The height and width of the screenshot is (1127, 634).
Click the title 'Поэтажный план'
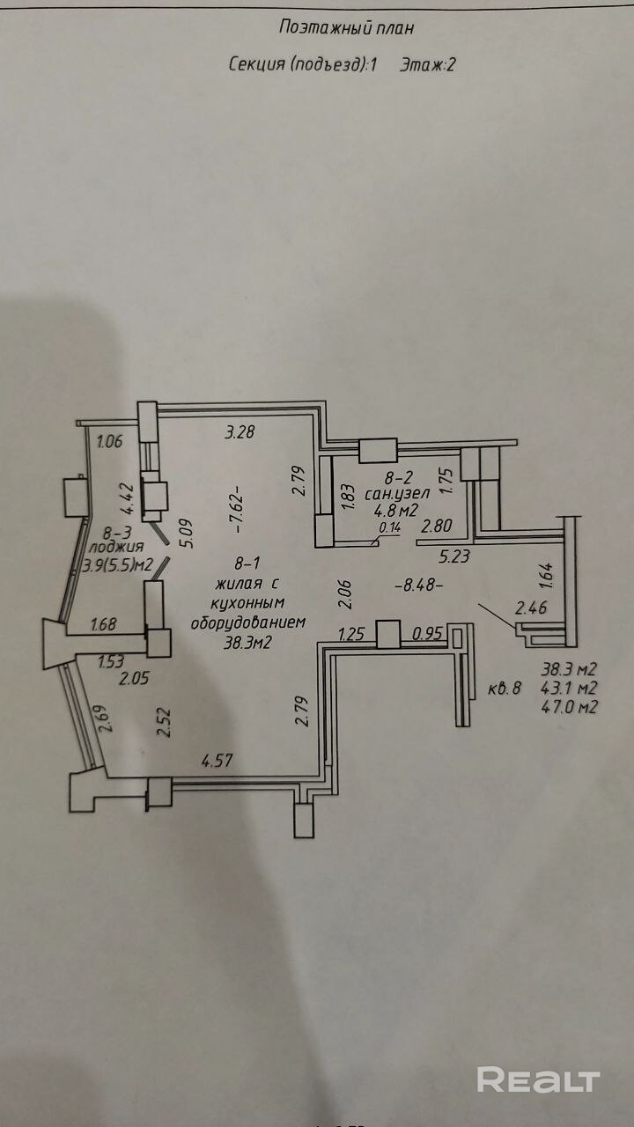(x=346, y=27)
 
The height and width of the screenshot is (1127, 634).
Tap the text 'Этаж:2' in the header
(x=427, y=63)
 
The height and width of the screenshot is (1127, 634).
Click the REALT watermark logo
(x=538, y=1079)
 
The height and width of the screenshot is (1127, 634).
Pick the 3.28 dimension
(x=240, y=431)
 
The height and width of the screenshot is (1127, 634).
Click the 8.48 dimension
(x=418, y=583)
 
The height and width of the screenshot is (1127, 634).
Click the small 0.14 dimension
(x=389, y=528)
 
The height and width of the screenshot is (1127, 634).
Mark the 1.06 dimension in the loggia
(x=110, y=442)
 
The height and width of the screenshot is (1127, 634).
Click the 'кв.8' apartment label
(x=505, y=689)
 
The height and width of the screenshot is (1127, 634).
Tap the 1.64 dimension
(x=547, y=574)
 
